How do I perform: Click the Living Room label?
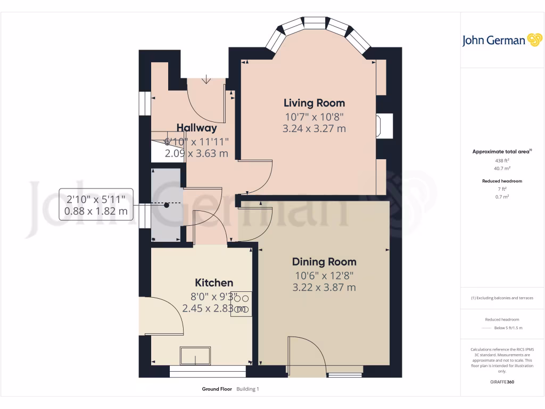click(x=314, y=103)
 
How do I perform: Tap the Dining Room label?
click(x=324, y=261)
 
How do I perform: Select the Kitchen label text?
click(x=214, y=283)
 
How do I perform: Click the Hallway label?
click(x=196, y=128)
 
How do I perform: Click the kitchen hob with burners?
click(x=241, y=304)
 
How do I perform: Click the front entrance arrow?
click(x=207, y=80)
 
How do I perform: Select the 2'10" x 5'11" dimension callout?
click(x=96, y=204)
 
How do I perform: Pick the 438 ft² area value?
click(x=502, y=160)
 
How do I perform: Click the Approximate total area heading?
click(x=501, y=152)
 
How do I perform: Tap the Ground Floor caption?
click(x=217, y=389)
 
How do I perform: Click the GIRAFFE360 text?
click(x=502, y=382)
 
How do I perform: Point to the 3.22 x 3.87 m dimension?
click(x=324, y=288)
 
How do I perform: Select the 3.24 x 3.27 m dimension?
click(x=314, y=128)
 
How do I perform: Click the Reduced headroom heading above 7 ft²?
click(x=502, y=181)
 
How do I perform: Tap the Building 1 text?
click(x=247, y=389)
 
